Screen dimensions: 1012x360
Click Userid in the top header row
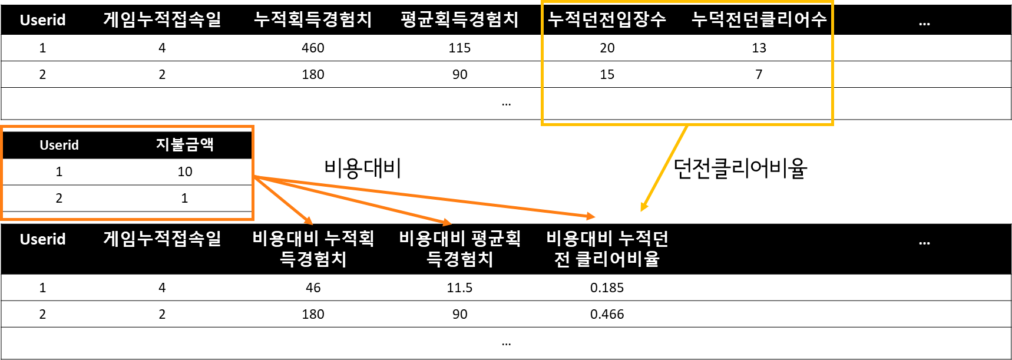click(42, 20)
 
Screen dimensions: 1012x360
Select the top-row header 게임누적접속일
click(162, 20)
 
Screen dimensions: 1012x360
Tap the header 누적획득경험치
click(313, 20)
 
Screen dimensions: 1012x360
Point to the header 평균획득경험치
click(459, 20)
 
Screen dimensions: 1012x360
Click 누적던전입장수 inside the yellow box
click(607, 20)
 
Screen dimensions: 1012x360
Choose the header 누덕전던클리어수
click(759, 20)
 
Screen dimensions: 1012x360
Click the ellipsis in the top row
click(924, 24)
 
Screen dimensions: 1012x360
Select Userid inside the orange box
click(59, 145)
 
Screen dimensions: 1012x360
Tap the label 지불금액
click(184, 145)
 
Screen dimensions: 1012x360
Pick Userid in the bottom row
click(42, 239)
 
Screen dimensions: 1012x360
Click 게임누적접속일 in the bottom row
click(162, 239)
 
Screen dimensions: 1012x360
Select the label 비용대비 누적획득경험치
click(313, 248)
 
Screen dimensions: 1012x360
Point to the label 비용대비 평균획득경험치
click(459, 248)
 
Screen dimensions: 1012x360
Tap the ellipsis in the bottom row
click(924, 243)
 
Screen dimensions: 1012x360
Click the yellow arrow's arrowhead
click(644, 206)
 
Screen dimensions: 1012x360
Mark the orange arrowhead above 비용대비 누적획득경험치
click(308, 220)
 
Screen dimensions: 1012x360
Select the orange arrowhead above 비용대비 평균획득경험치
click(447, 223)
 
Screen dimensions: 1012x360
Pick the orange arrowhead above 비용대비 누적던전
click(591, 216)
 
